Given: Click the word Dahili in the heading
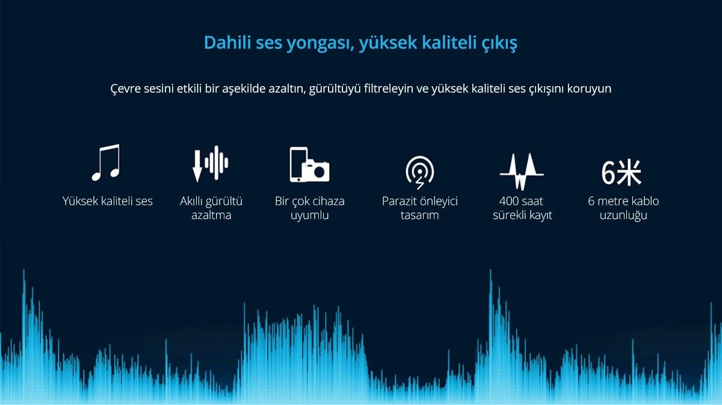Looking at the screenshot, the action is [227, 42].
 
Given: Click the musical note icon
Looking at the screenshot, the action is [106, 162].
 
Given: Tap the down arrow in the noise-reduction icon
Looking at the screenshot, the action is [197, 165].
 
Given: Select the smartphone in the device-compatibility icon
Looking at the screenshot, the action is [298, 164].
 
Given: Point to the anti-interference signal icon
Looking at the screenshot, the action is [420, 173].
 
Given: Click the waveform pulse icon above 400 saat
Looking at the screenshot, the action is [522, 172].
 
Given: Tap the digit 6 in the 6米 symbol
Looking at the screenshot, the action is [608, 173].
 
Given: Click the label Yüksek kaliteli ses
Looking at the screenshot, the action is [107, 201].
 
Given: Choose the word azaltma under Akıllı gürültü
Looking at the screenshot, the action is [211, 215].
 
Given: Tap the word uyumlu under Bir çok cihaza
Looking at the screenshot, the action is [309, 215].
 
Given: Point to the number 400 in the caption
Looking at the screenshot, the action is [508, 201].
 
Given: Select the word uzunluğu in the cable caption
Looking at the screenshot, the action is [623, 215].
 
